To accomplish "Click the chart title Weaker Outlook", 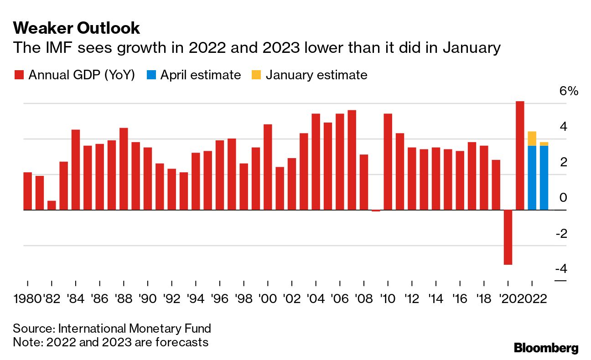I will [x=77, y=28].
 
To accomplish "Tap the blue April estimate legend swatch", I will [x=151, y=75].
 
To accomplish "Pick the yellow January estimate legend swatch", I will [x=256, y=75].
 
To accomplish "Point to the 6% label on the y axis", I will [x=568, y=91].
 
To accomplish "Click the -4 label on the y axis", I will [x=561, y=269].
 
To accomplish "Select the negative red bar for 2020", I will [x=508, y=237].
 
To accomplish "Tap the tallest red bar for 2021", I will [x=520, y=155].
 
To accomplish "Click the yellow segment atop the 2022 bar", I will [x=532, y=138].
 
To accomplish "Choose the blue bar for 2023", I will [x=544, y=178].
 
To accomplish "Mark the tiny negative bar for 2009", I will [x=376, y=211].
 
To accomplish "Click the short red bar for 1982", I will [x=52, y=206].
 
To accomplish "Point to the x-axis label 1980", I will [x=27, y=299].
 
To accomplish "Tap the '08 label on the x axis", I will [x=363, y=299].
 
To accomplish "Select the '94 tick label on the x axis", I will [x=195, y=299].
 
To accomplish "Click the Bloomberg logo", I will [x=546, y=348].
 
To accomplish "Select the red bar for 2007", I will [x=352, y=160].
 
